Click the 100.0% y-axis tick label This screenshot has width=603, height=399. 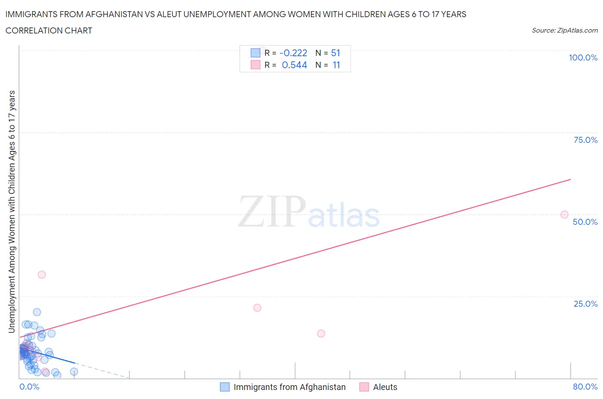pyautogui.click(x=583, y=57)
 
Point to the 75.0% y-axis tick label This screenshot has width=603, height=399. pyautogui.click(x=585, y=140)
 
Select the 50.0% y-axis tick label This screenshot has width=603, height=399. pyautogui.click(x=585, y=222)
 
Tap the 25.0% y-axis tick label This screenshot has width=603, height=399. pyautogui.click(x=585, y=304)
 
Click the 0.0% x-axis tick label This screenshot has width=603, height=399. pyautogui.click(x=29, y=387)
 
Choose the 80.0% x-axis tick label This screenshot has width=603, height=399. pyautogui.click(x=585, y=387)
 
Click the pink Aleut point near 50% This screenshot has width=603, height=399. pyautogui.click(x=564, y=215)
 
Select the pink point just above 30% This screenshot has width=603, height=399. pyautogui.click(x=42, y=275)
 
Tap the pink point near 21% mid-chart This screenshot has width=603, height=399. pyautogui.click(x=257, y=308)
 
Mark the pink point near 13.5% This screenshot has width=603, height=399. pyautogui.click(x=321, y=333)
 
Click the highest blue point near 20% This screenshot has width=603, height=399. pyautogui.click(x=37, y=312)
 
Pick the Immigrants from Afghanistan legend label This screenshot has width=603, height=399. pyautogui.click(x=289, y=387)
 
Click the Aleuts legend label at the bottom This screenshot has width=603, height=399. pyautogui.click(x=385, y=387)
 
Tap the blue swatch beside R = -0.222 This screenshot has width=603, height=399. pyautogui.click(x=255, y=53)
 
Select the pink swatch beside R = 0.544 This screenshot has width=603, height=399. pyautogui.click(x=255, y=65)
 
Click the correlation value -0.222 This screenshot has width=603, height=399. pyautogui.click(x=293, y=53)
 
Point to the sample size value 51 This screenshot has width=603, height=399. pyautogui.click(x=335, y=53)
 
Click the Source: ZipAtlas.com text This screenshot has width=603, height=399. pyautogui.click(x=564, y=30)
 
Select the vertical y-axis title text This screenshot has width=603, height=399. pyautogui.click(x=12, y=212)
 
